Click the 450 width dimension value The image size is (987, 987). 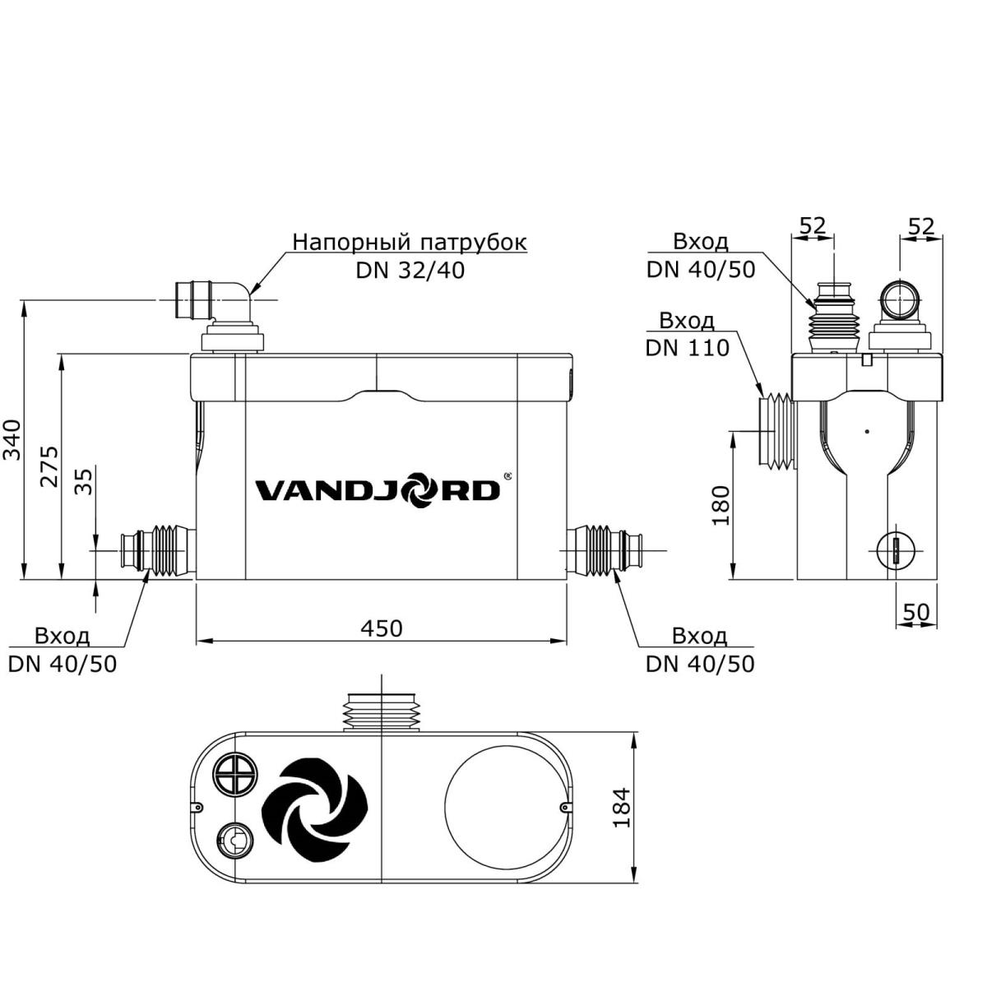tap(382, 628)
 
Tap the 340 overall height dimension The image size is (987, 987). tap(12, 439)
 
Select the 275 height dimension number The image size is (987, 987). tap(49, 466)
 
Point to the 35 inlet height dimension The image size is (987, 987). tap(84, 480)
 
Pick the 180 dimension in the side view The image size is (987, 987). tap(721, 505)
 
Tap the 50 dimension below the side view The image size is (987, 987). tap(915, 612)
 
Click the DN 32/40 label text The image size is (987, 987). tap(410, 270)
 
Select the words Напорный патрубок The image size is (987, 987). tap(410, 242)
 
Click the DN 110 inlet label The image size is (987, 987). tap(688, 348)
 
